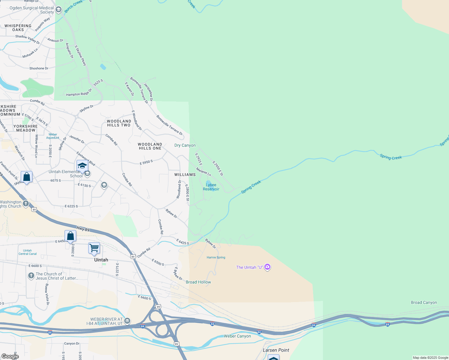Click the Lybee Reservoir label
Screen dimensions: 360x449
coord(211,187)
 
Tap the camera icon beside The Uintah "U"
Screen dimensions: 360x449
coord(267,267)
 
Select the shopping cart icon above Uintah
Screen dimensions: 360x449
coord(94,248)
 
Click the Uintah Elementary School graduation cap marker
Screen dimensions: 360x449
coord(82,166)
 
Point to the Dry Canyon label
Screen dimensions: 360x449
coord(185,145)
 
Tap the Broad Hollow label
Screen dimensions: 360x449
coord(198,282)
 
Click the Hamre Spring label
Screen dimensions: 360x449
coord(216,257)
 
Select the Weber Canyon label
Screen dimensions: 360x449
coord(237,336)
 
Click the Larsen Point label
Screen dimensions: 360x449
coord(276,350)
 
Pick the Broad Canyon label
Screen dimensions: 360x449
coord(424,302)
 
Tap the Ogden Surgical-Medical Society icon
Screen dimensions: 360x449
coord(59,10)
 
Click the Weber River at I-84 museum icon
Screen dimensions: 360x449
coord(127,321)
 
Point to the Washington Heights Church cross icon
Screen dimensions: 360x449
coord(26,204)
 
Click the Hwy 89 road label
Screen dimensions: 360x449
coord(83,229)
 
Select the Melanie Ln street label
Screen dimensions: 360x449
coord(203,172)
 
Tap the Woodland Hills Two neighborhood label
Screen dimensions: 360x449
coord(119,123)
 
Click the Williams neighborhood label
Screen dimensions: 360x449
coord(185,175)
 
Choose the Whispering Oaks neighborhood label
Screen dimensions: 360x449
coord(18,28)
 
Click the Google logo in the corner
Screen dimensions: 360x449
coord(10,356)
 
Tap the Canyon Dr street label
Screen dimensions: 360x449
coord(72,343)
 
